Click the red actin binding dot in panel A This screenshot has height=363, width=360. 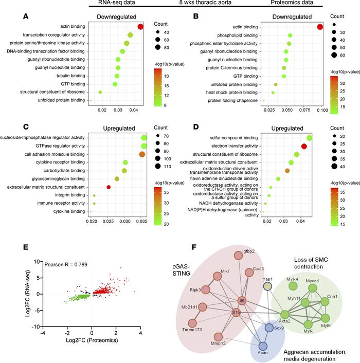point(140,27)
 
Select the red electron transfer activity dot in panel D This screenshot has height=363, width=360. point(304,147)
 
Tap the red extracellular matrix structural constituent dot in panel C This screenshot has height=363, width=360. point(109,187)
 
